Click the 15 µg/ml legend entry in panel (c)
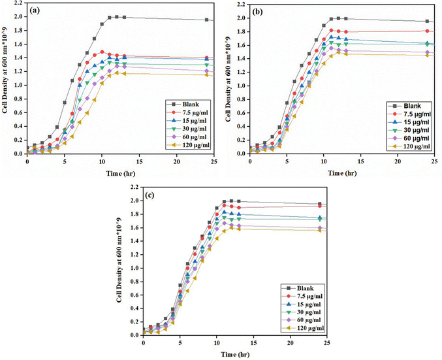pyautogui.click(x=297, y=303)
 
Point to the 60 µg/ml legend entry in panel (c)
pyautogui.click(x=297, y=320)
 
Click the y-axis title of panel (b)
pyautogui.click(x=229, y=78)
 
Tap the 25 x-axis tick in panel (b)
pyautogui.click(x=436, y=161)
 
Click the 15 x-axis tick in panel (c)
pyautogui.click(x=253, y=342)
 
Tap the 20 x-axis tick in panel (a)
pyautogui.click(x=177, y=160)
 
